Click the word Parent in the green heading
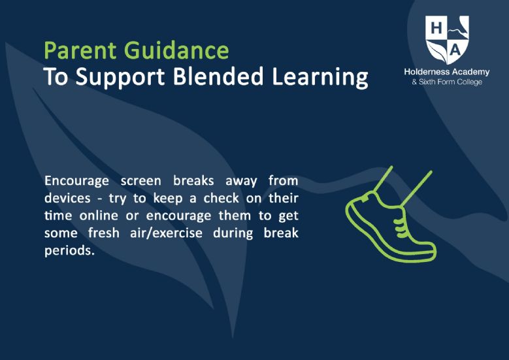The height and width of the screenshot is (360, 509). pos(80,50)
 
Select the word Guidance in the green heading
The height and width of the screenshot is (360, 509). pos(176,50)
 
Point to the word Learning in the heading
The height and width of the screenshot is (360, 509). pos(320,78)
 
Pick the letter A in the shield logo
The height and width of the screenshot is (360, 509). pos(456,50)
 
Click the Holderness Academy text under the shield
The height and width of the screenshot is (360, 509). pos(447,72)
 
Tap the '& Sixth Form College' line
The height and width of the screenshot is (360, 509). pos(447,82)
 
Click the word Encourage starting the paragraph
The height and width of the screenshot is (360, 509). pos(76,181)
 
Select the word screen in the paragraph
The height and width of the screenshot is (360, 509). pos(141,181)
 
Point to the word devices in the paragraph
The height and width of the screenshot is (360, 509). pos(67,198)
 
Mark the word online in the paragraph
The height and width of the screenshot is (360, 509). pos(99,216)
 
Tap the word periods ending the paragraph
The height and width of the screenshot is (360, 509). pos(69,251)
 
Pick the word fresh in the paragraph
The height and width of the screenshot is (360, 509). pos(103,233)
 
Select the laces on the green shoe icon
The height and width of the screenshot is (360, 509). pos(401,225)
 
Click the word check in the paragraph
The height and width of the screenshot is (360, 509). pos(221,198)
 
